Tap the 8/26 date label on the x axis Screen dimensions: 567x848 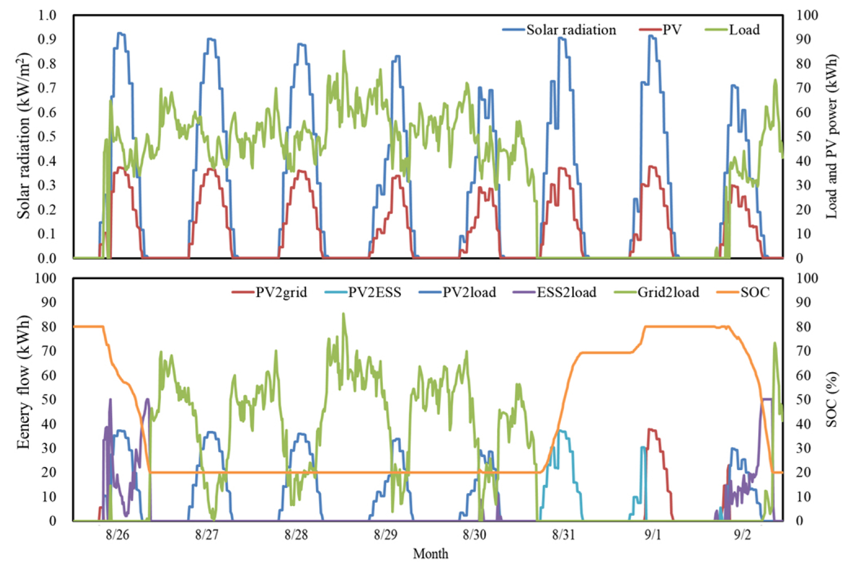(x=117, y=535)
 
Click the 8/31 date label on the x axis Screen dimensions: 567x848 (x=564, y=535)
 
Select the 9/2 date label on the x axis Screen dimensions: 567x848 (x=742, y=535)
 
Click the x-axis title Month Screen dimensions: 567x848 (x=431, y=554)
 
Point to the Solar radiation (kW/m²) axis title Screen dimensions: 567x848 (x=24, y=136)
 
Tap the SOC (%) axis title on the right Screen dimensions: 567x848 (x=832, y=399)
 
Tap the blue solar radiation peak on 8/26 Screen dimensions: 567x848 (x=121, y=34)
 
